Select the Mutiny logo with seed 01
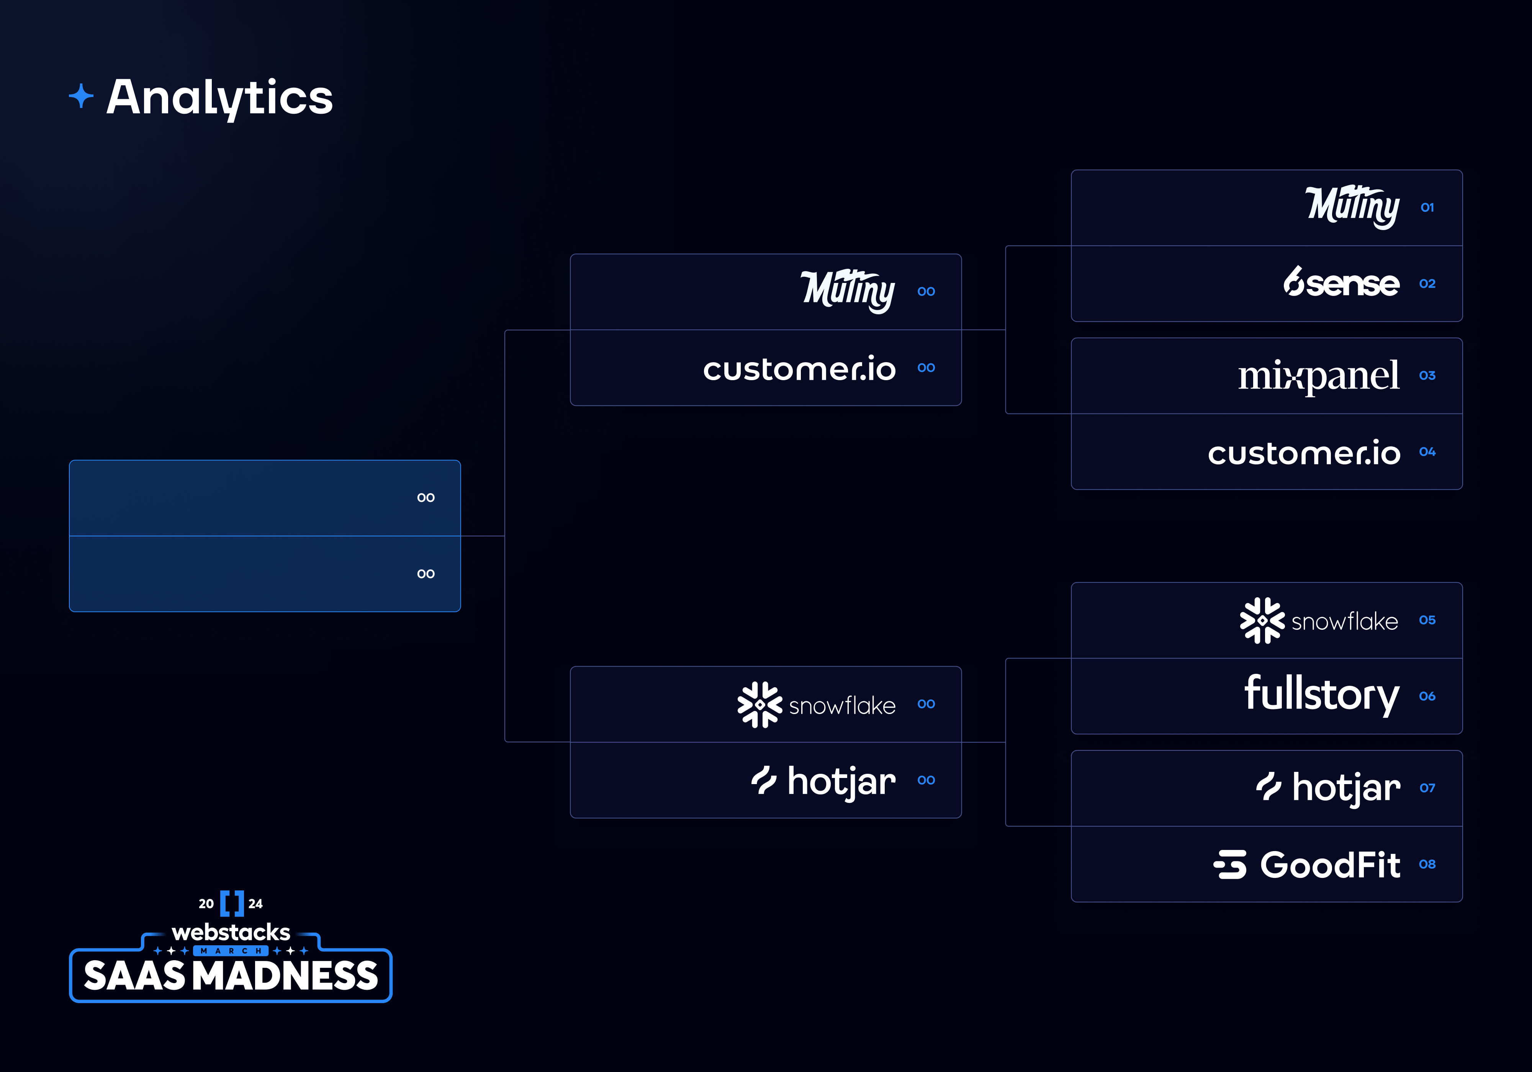click(1352, 207)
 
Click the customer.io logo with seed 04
click(1304, 453)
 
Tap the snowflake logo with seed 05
click(1319, 620)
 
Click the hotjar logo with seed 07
click(1328, 788)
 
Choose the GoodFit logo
click(1306, 864)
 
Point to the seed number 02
click(1427, 284)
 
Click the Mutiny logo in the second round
click(848, 291)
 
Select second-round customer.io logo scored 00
click(799, 369)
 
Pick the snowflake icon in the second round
click(759, 704)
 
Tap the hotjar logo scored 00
click(823, 781)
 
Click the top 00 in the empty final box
click(426, 498)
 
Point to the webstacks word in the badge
click(231, 932)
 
